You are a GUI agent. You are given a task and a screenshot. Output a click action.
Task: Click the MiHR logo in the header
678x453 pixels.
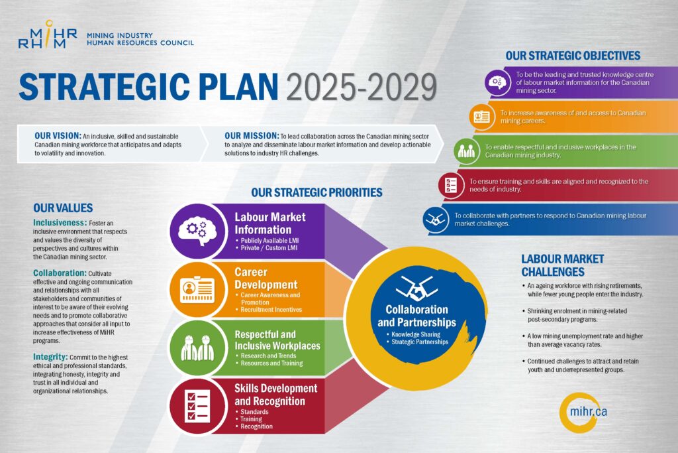(x=48, y=34)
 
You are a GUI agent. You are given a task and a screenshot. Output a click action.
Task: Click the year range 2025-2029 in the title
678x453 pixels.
(x=361, y=88)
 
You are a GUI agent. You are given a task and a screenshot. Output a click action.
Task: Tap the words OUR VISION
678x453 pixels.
(x=58, y=136)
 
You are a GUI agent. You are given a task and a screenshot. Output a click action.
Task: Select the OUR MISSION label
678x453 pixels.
(x=252, y=136)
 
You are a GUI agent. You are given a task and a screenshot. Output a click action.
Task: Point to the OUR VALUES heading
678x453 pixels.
(x=63, y=208)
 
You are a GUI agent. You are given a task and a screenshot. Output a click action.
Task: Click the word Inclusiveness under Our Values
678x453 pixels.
(x=60, y=223)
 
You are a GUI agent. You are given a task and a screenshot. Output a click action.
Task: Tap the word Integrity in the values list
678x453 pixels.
(x=50, y=357)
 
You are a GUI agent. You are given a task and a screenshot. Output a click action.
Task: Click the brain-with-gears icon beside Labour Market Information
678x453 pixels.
(x=198, y=231)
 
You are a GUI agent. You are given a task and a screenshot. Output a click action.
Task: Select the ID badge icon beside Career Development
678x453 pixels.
(x=198, y=289)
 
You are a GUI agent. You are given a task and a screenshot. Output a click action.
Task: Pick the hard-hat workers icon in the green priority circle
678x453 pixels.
(x=198, y=348)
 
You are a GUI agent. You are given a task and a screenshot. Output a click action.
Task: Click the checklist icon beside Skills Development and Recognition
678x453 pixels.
(x=197, y=406)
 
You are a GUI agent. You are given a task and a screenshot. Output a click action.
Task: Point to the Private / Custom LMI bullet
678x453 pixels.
(x=267, y=247)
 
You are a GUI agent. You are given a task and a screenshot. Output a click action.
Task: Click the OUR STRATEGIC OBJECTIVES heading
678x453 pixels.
(x=573, y=56)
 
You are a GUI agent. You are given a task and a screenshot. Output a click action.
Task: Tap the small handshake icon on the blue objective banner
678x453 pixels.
(x=436, y=220)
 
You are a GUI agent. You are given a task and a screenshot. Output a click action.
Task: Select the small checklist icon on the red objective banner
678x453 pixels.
(x=451, y=185)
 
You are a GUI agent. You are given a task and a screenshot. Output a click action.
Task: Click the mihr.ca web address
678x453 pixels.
(x=588, y=411)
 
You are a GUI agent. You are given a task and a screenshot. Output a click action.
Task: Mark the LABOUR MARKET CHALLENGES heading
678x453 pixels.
(x=563, y=265)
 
